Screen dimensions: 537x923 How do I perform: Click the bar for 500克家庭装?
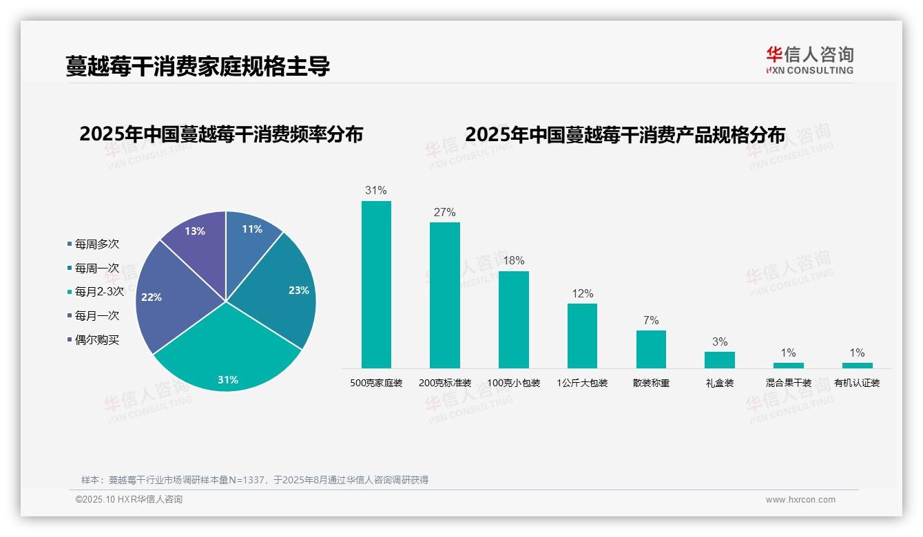point(376,284)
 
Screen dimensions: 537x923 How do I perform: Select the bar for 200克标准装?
point(444,295)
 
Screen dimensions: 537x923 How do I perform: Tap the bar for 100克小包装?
point(513,319)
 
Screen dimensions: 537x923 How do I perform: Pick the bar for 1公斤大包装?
point(582,336)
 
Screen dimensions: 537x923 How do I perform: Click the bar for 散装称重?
point(651,349)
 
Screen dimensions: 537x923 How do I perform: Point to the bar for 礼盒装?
point(719,360)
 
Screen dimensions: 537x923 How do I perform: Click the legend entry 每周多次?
point(96,244)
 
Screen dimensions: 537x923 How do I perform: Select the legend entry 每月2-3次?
point(98,292)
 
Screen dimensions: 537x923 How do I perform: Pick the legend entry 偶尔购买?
point(96,340)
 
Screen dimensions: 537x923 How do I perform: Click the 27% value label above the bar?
point(444,213)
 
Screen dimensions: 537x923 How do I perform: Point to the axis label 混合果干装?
point(788,383)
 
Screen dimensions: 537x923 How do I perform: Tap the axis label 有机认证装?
point(857,383)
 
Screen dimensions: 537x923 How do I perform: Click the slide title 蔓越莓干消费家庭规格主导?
point(198,67)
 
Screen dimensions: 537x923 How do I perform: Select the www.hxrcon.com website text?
point(800,500)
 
